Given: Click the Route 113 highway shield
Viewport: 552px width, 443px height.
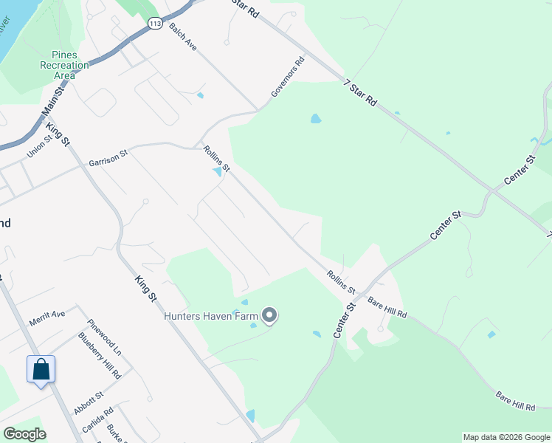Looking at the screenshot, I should pyautogui.click(x=155, y=24).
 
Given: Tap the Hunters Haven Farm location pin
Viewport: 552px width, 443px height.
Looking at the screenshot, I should pyautogui.click(x=269, y=315).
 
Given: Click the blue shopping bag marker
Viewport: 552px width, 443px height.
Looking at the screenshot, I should pyautogui.click(x=41, y=369).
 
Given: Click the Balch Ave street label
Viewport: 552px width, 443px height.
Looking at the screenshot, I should pyautogui.click(x=182, y=36).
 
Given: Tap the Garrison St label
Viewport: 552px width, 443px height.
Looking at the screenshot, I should pyautogui.click(x=108, y=157).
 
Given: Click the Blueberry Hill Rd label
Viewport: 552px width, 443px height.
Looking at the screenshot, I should pyautogui.click(x=99, y=356).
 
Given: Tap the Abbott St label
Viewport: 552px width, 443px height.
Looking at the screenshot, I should pyautogui.click(x=88, y=403).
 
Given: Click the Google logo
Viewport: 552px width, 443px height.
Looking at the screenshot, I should pyautogui.click(x=25, y=434).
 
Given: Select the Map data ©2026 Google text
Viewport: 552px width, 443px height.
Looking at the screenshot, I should pyautogui.click(x=506, y=437).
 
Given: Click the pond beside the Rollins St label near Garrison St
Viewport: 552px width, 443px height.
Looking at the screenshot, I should pyautogui.click(x=217, y=172).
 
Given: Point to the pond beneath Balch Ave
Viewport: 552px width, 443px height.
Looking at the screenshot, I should pyautogui.click(x=200, y=95).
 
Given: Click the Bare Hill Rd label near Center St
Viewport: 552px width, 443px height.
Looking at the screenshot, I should pyautogui.click(x=387, y=308).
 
